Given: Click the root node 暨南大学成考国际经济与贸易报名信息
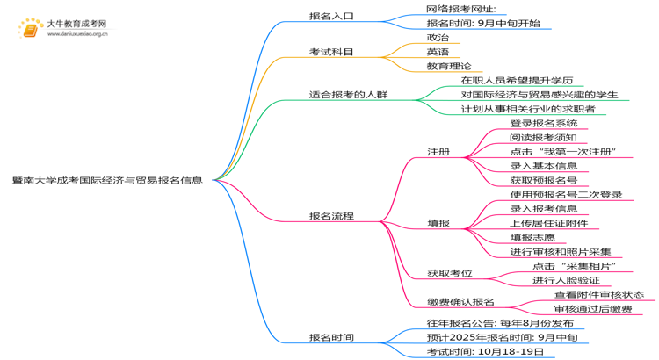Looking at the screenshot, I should [x=107, y=181].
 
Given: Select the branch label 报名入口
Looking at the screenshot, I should [x=331, y=16].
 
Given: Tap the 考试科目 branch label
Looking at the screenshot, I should [x=331, y=52].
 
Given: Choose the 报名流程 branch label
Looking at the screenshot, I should [x=331, y=216].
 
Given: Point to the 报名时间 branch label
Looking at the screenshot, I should [x=331, y=337].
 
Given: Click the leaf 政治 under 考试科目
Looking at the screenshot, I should [x=438, y=38].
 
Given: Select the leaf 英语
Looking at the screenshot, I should [x=438, y=52].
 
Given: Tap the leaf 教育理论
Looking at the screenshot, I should [x=449, y=66].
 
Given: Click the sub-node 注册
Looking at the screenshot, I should [x=438, y=152].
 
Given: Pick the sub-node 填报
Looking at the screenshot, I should [x=438, y=223].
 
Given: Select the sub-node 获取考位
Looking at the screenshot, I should [x=450, y=274].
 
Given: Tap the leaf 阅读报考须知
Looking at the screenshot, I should [x=543, y=137].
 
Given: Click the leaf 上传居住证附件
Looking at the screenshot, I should [x=549, y=223].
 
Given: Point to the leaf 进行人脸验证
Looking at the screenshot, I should [x=566, y=280].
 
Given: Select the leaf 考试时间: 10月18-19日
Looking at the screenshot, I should [x=485, y=351].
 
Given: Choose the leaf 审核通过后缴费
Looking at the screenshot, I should [x=593, y=309].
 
